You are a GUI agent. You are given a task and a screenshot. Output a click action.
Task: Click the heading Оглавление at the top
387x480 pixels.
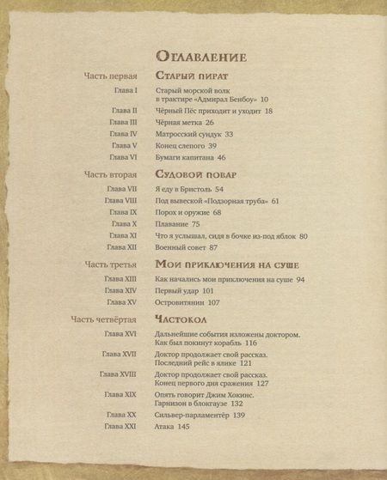202,57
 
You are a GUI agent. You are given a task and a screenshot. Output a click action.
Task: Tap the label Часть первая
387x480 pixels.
111,76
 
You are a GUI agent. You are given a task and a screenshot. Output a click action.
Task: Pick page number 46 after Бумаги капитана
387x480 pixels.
221,157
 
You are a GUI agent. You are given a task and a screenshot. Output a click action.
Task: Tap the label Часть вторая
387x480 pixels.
111,174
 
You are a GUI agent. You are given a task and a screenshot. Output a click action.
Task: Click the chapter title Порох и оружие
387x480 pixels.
184,211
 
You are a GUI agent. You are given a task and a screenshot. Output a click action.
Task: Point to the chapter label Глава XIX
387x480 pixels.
121,393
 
